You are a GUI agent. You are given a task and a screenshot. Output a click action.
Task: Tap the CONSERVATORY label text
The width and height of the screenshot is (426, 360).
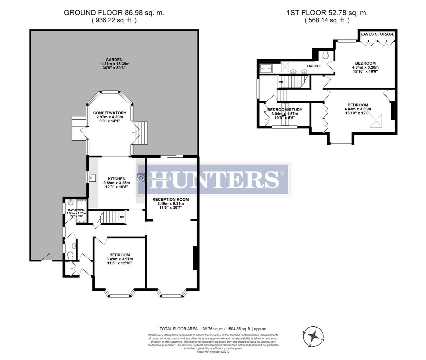(x=109, y=113)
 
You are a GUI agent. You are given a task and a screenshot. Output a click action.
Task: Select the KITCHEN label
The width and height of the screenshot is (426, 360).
(x=116, y=179)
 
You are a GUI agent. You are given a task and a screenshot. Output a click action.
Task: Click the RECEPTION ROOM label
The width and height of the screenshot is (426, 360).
(x=170, y=199)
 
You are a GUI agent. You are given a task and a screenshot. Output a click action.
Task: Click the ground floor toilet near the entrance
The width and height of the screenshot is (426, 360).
(x=70, y=255)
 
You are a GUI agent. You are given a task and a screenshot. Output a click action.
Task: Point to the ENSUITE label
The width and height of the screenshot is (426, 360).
(x=314, y=66)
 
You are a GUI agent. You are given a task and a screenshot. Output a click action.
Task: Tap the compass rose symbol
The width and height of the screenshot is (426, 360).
(x=313, y=336)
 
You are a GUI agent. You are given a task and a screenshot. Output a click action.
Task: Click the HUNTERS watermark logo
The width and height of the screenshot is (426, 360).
(x=214, y=179)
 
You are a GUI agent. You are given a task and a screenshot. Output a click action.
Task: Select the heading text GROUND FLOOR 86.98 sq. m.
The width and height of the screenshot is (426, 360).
(x=114, y=13)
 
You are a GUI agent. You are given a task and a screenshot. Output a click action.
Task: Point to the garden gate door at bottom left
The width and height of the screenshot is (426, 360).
(x=47, y=257)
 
